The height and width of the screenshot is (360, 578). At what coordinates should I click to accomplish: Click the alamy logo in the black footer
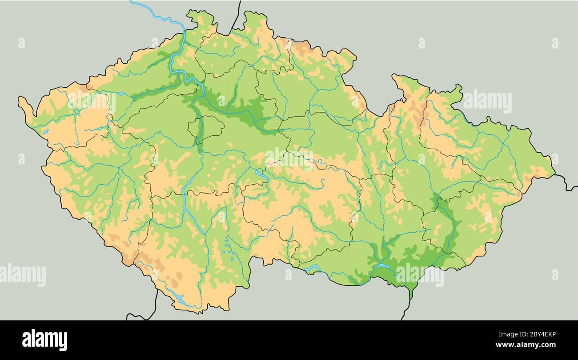coord(44,340)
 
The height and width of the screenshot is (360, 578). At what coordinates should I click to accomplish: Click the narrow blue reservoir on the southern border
coord(313,268)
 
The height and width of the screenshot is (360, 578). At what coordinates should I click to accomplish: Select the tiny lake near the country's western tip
coord(45,132)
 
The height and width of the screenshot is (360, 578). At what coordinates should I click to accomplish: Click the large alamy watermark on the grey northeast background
coord(487,102)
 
